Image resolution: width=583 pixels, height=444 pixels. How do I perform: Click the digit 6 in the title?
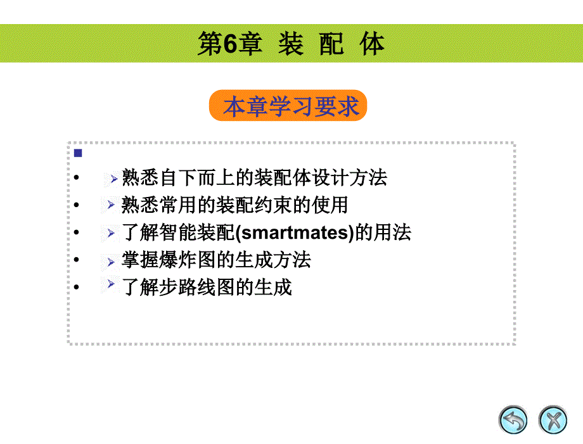pyautogui.click(x=231, y=44)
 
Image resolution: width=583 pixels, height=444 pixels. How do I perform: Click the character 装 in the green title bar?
pyautogui.click(x=291, y=44)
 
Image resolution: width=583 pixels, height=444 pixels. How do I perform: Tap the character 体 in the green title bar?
pyautogui.click(x=372, y=44)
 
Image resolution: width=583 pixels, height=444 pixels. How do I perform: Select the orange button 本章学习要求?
pyautogui.click(x=288, y=106)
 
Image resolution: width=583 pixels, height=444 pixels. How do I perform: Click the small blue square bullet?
pyautogui.click(x=78, y=153)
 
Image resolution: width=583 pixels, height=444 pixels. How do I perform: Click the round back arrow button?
pyautogui.click(x=513, y=420)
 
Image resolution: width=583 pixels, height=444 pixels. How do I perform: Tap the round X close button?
pyautogui.click(x=553, y=420)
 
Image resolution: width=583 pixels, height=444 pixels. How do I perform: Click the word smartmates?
pyautogui.click(x=296, y=232)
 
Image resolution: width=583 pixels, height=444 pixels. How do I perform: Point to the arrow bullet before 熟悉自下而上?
pyautogui.click(x=114, y=179)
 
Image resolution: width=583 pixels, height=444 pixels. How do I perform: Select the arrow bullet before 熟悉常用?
pyautogui.click(x=111, y=205)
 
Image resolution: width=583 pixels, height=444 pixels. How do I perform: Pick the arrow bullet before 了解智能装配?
pyautogui.click(x=111, y=233)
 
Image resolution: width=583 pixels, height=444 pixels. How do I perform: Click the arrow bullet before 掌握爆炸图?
pyautogui.click(x=111, y=262)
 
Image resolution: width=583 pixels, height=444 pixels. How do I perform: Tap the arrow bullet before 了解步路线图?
pyautogui.click(x=111, y=284)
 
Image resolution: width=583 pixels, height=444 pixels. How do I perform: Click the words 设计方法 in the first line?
pyautogui.click(x=349, y=177)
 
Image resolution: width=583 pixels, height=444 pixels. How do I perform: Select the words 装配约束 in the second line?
pyautogui.click(x=254, y=205)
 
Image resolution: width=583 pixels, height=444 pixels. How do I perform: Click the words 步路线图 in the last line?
pyautogui.click(x=197, y=287)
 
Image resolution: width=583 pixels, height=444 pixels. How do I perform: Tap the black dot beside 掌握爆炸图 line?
pyautogui.click(x=76, y=259)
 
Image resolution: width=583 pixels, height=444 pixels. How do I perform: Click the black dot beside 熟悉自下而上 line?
pyautogui.click(x=76, y=177)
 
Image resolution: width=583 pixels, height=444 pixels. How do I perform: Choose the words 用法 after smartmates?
pyautogui.click(x=392, y=232)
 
